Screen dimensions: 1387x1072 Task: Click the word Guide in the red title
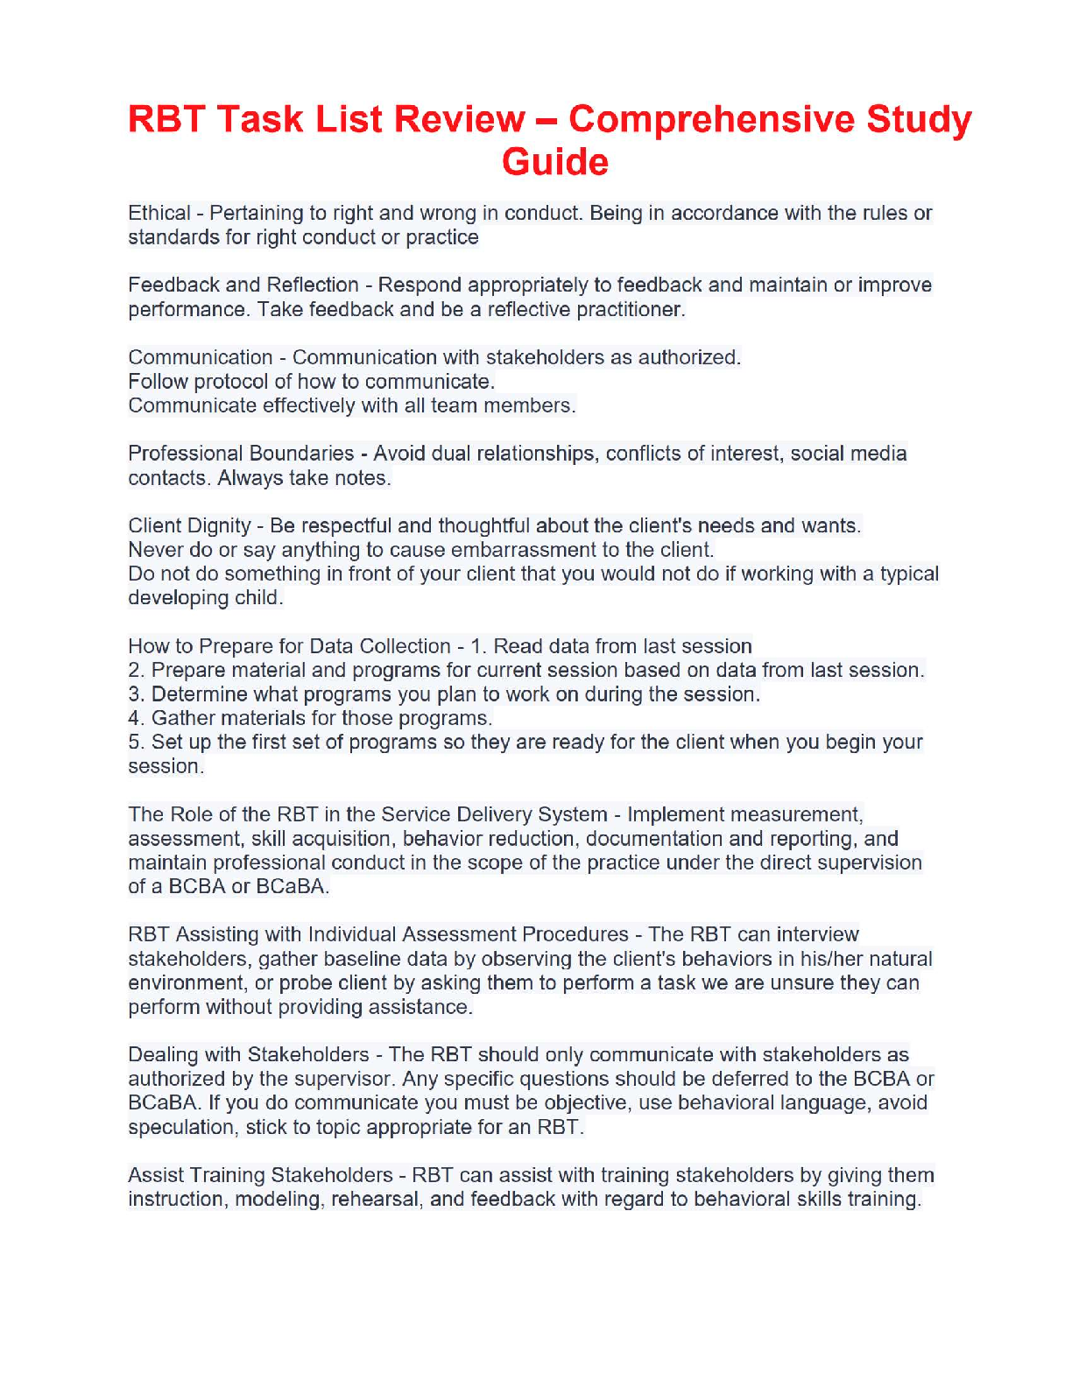(554, 162)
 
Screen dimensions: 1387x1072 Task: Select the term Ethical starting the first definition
(159, 214)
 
